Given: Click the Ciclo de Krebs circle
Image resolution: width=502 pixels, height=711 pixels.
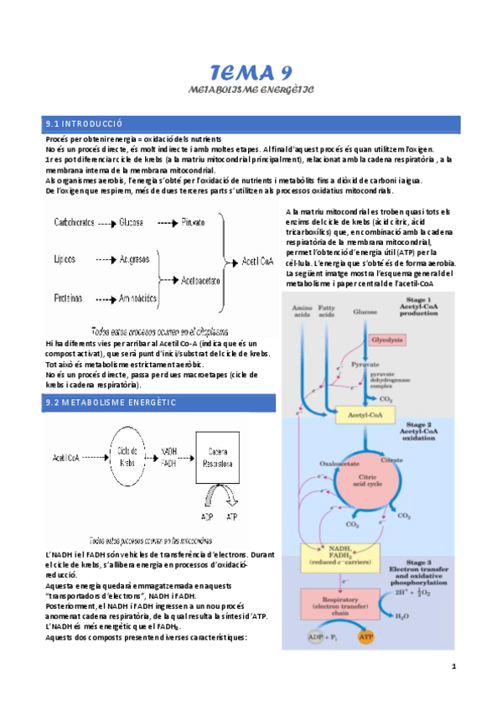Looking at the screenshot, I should pyautogui.click(x=128, y=458).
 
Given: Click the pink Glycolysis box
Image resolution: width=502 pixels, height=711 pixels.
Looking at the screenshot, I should pyautogui.click(x=389, y=340).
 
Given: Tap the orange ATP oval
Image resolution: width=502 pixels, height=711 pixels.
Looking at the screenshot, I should pyautogui.click(x=365, y=638).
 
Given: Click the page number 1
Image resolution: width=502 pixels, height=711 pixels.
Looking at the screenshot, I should pyautogui.click(x=453, y=667).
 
